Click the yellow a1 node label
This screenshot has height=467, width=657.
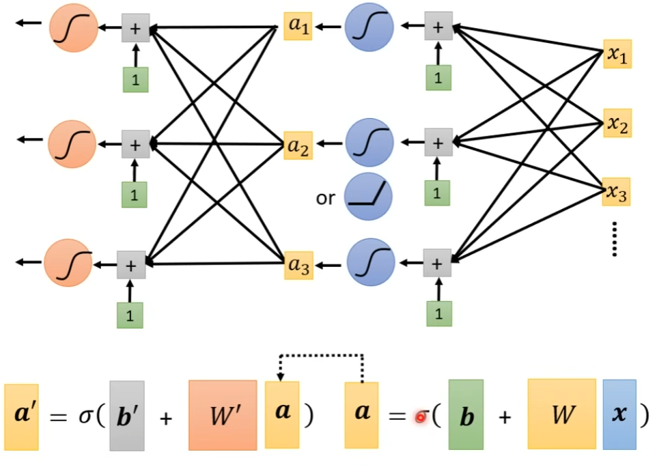click(298, 27)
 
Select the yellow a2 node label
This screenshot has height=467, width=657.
click(298, 145)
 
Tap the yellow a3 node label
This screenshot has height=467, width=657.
click(298, 266)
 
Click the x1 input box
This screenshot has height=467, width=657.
click(617, 55)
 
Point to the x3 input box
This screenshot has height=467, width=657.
click(617, 193)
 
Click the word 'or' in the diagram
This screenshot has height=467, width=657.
click(326, 198)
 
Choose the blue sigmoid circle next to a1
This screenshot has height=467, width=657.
click(369, 27)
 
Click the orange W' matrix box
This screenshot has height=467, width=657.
click(223, 415)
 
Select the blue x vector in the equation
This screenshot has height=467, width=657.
click(619, 414)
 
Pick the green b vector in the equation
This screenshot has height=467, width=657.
click(466, 415)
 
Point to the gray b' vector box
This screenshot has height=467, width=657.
click(127, 415)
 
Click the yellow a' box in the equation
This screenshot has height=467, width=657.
click(21, 415)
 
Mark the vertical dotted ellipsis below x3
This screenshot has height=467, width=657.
click(615, 239)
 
